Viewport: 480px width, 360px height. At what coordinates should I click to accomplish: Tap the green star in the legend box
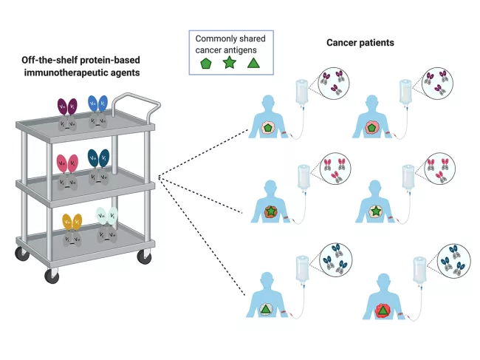pyautogui.click(x=230, y=64)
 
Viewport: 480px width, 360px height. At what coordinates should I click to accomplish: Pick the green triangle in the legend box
pyautogui.click(x=254, y=64)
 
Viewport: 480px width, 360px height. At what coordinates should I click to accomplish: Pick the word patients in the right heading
pyautogui.click(x=379, y=42)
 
